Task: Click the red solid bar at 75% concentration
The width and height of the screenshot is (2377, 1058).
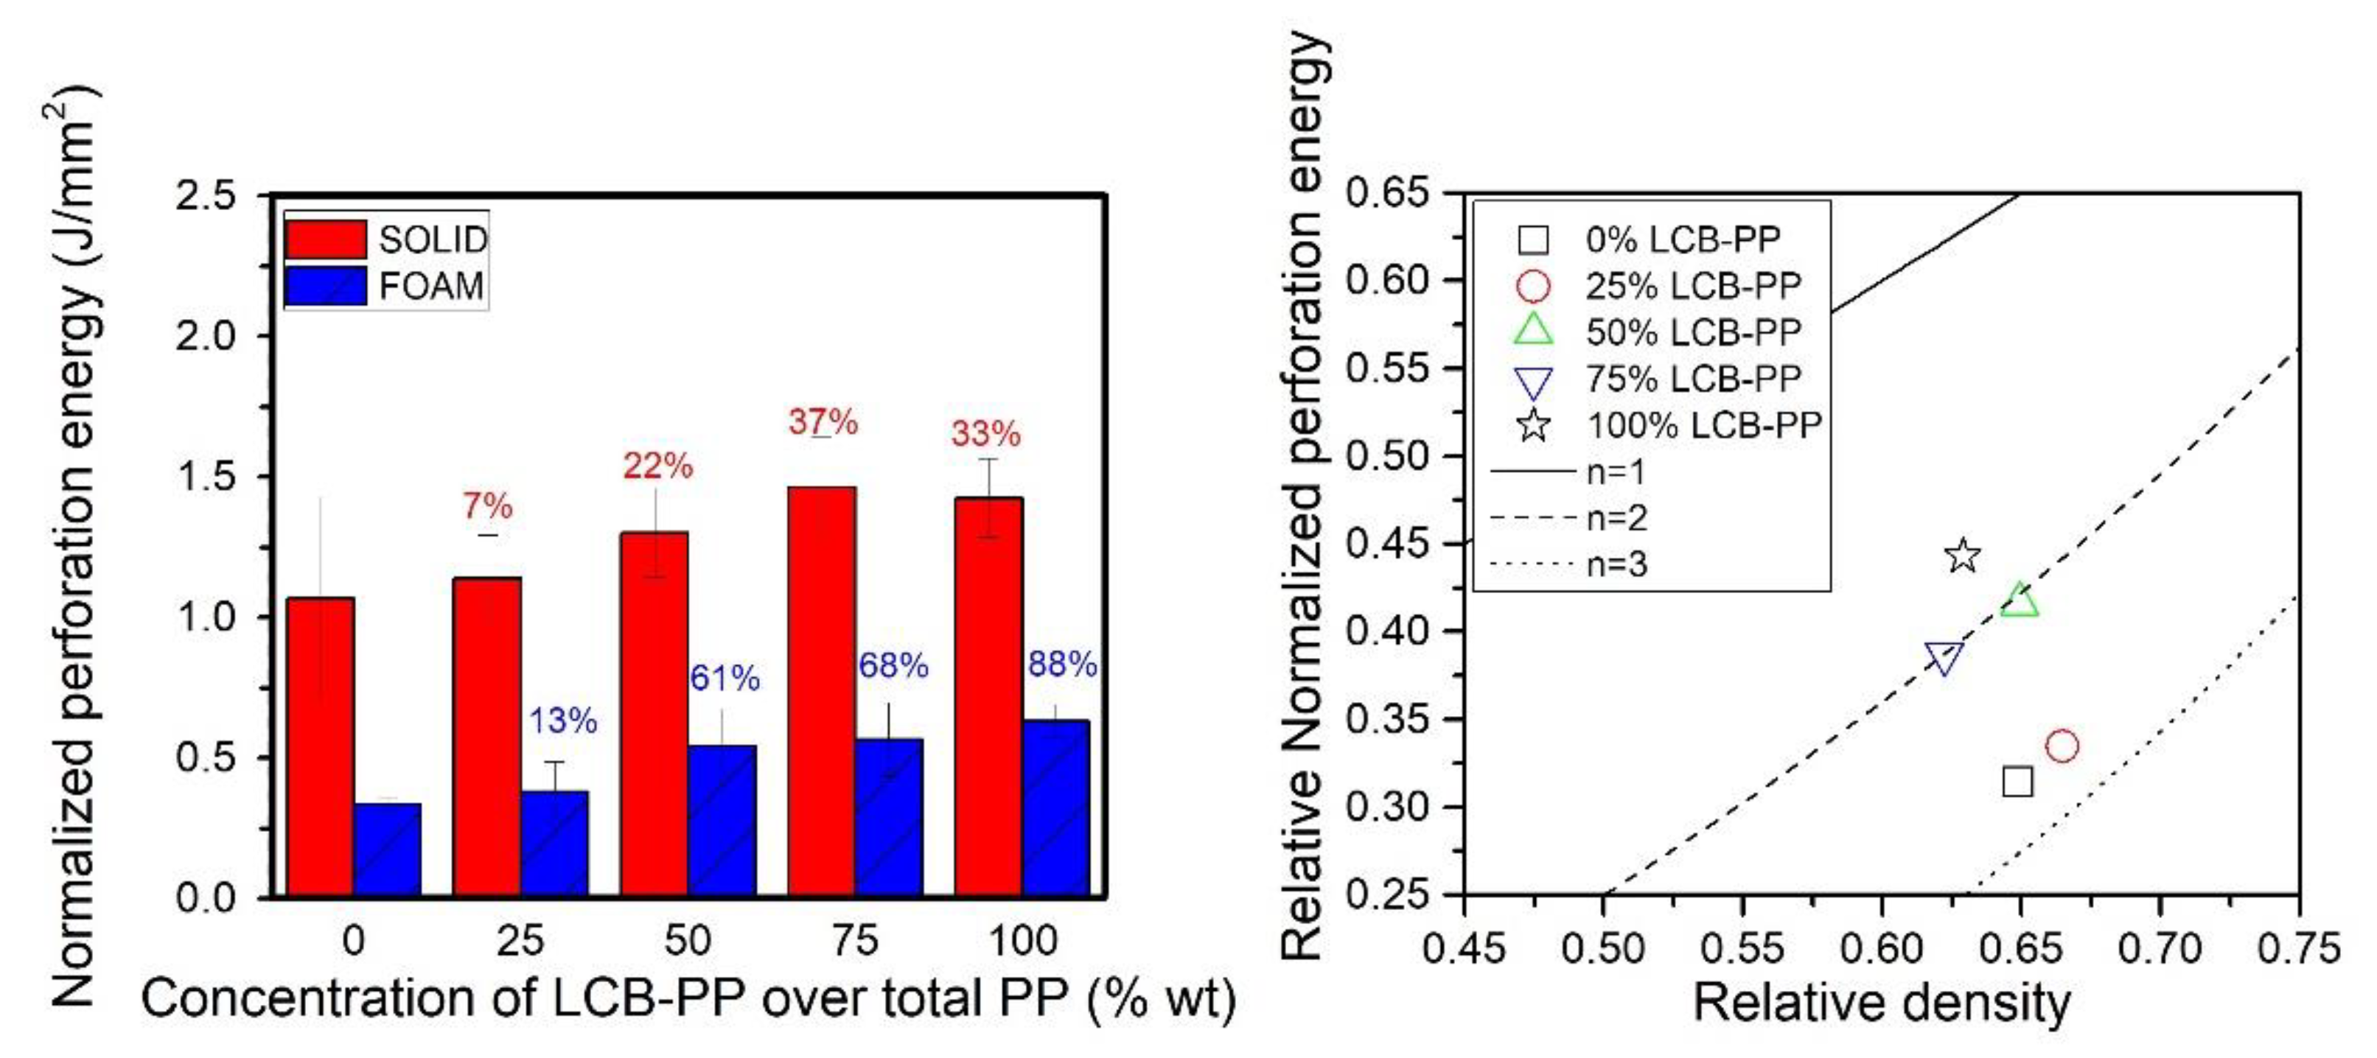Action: tap(821, 692)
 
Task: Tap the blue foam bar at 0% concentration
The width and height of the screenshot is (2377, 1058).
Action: tap(388, 849)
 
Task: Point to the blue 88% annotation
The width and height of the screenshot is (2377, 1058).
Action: tap(1062, 664)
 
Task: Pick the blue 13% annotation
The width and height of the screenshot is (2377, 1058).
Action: tap(563, 721)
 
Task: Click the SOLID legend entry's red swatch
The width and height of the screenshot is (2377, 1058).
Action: tap(325, 239)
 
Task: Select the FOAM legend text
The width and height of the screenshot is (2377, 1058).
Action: tap(431, 287)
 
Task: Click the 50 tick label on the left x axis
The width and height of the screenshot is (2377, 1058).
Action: tap(688, 941)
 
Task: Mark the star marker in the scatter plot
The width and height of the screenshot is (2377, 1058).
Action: tap(1962, 556)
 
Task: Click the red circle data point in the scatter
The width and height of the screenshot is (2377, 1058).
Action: tap(2062, 746)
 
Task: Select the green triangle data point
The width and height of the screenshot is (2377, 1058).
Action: tap(2019, 600)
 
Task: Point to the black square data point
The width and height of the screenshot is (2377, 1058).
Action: tap(2017, 781)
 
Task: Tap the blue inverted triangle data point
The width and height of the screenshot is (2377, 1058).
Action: tap(1944, 658)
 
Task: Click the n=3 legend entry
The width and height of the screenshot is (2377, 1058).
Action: tap(1616, 564)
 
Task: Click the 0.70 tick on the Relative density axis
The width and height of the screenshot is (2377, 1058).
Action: tap(2160, 948)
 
